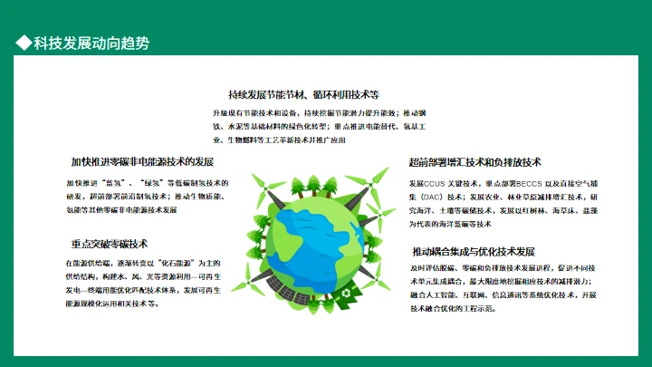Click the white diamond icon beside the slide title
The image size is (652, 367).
(24, 43)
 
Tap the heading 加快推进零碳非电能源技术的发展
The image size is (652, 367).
(142, 162)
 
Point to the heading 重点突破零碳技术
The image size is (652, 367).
(109, 244)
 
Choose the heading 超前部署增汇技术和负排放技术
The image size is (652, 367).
(475, 162)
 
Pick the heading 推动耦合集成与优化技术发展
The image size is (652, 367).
(474, 251)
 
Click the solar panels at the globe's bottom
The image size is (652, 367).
(299, 295)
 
